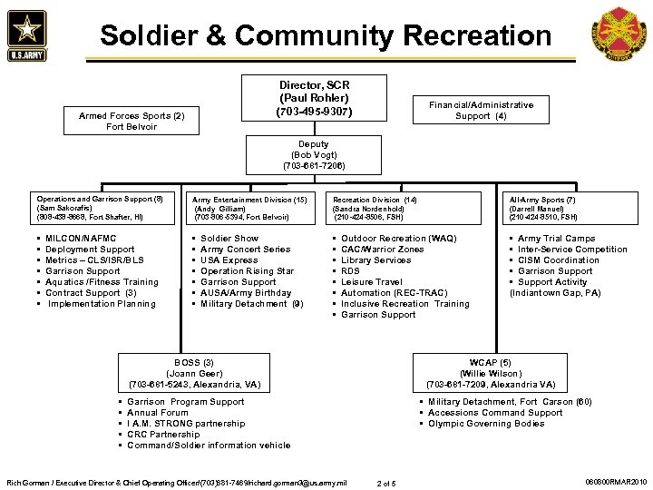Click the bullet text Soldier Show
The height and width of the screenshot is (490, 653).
[229, 239]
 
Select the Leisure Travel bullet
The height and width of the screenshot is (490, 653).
[371, 282]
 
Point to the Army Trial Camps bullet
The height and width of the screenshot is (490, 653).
[556, 239]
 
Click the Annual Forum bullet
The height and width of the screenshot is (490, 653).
[158, 413]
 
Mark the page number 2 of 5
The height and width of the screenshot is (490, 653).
[389, 482]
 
